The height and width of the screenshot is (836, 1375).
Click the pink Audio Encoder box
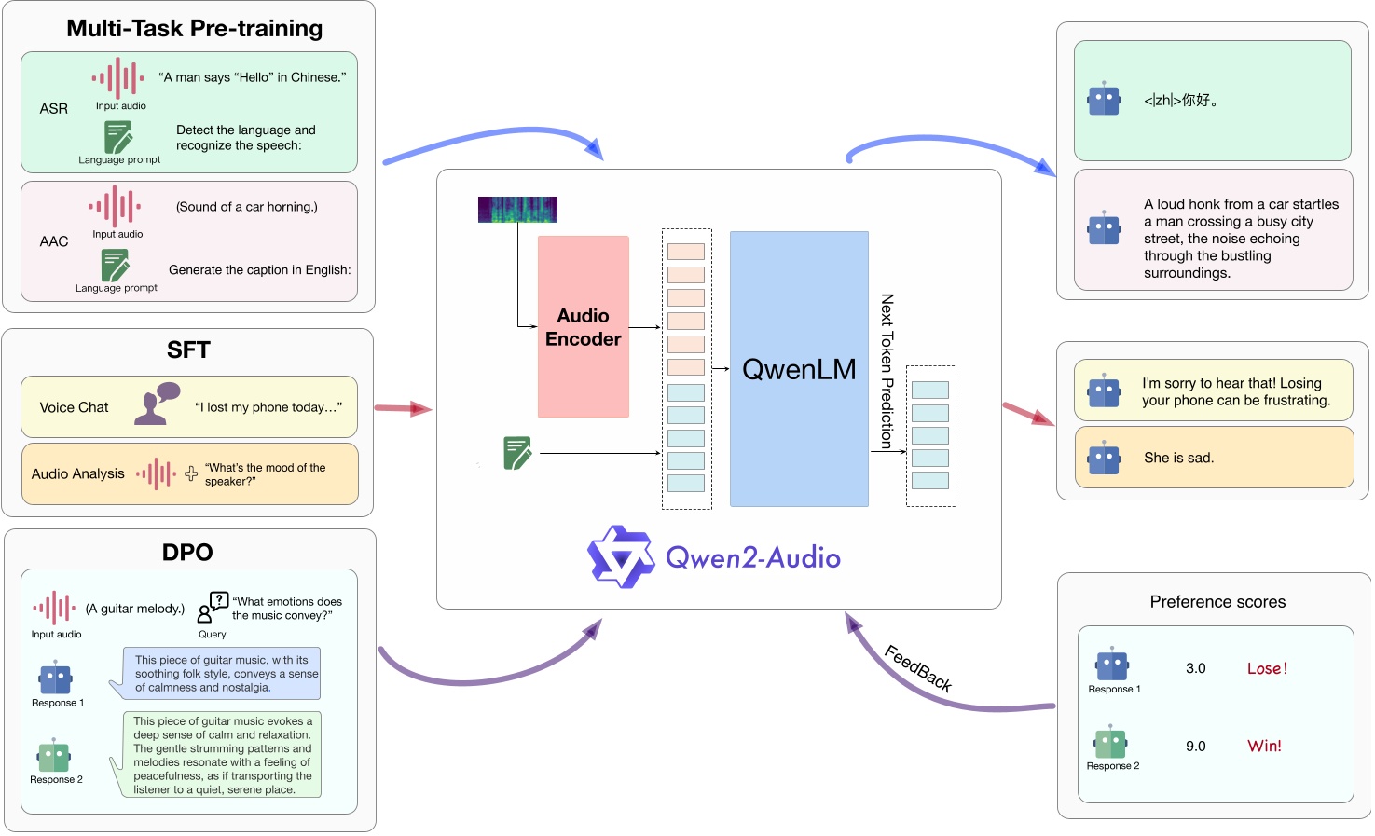click(583, 326)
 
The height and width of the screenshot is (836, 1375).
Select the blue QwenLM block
click(799, 369)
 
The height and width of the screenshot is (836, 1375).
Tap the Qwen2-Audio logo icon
click(620, 556)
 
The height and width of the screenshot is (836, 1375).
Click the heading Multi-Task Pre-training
click(194, 29)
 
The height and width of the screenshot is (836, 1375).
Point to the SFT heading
click(188, 350)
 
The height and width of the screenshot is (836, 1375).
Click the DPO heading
click(187, 553)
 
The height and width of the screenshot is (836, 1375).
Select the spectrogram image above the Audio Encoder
click(517, 210)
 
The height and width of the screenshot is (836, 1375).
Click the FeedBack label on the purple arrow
click(918, 668)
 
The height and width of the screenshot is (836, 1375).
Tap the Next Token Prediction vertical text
click(887, 371)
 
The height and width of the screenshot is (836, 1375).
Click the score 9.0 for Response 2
click(1196, 747)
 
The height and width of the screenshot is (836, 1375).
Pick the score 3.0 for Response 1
click(1196, 668)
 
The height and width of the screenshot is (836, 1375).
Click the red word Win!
click(1264, 746)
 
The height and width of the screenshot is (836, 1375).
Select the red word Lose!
click(1267, 668)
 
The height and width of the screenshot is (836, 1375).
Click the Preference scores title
click(1217, 602)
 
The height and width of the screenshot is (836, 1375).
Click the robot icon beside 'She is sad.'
click(1105, 458)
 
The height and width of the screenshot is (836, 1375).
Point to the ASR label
click(54, 109)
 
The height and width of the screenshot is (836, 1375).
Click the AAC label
click(54, 241)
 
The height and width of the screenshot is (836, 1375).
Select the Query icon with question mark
click(213, 607)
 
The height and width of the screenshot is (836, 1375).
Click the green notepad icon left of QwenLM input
click(517, 453)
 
